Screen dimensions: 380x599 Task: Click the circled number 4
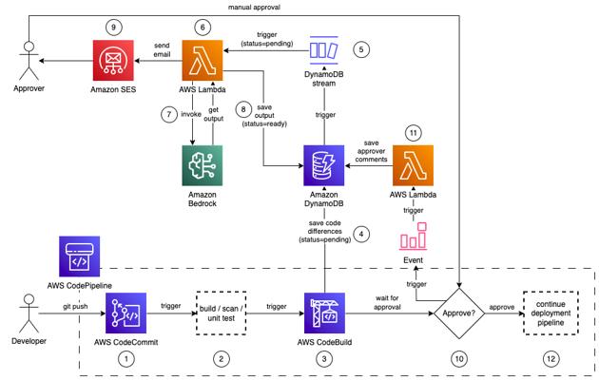point(360,233)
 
